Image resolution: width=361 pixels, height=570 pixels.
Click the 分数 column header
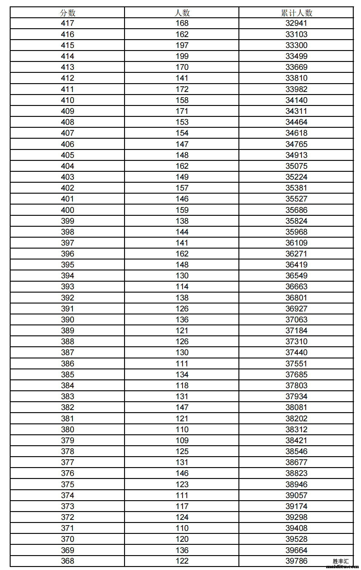67,13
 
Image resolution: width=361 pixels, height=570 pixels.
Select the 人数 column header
182,13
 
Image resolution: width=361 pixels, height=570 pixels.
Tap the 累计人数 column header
296,13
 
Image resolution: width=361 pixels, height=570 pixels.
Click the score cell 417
67,23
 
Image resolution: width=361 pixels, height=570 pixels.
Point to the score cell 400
67,210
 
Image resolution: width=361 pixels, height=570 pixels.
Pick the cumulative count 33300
296,45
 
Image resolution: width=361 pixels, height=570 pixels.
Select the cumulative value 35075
296,166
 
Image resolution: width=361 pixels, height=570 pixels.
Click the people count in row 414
182,56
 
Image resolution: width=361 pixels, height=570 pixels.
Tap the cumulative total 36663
296,287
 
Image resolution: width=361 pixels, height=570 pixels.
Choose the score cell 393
67,287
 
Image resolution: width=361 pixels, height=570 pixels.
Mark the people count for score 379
182,440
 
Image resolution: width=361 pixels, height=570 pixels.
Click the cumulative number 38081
296,407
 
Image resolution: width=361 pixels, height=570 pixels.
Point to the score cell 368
67,561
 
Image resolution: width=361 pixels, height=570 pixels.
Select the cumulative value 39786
296,561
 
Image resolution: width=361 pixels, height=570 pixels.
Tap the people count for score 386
182,364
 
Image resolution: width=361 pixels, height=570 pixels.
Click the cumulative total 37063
296,320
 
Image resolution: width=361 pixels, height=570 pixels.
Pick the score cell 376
67,473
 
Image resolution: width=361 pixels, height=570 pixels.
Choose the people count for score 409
182,111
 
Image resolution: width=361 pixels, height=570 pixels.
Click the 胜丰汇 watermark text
341,561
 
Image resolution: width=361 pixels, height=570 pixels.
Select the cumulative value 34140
296,100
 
